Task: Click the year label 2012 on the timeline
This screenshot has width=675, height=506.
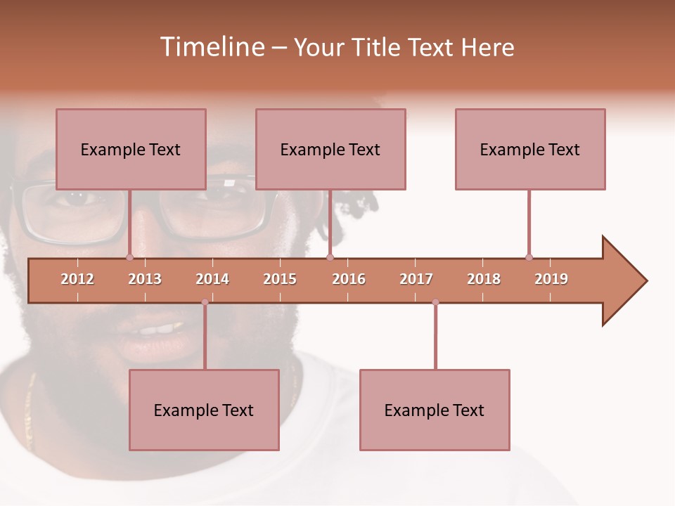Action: pyautogui.click(x=77, y=279)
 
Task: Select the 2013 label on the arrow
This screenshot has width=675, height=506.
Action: pyautogui.click(x=145, y=279)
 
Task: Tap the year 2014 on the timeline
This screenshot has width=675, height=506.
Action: pyautogui.click(x=212, y=279)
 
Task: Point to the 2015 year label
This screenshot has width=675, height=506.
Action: pyautogui.click(x=280, y=279)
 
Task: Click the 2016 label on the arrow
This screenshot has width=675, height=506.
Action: pyautogui.click(x=349, y=279)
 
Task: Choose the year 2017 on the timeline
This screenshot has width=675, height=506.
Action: pyautogui.click(x=416, y=279)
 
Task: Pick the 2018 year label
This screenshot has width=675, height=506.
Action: pyautogui.click(x=484, y=279)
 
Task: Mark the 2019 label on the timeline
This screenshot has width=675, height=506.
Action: pyautogui.click(x=551, y=279)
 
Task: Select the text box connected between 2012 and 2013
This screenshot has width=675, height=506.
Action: pyautogui.click(x=131, y=149)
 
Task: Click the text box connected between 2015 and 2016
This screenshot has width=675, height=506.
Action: pyautogui.click(x=330, y=149)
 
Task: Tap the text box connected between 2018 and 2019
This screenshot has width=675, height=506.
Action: pyautogui.click(x=530, y=149)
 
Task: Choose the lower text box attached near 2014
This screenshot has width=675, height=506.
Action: pyautogui.click(x=204, y=410)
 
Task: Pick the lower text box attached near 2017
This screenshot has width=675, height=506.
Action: pyautogui.click(x=435, y=410)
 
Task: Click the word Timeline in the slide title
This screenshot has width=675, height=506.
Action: pyautogui.click(x=212, y=47)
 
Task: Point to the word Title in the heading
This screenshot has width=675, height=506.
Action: pyautogui.click(x=378, y=47)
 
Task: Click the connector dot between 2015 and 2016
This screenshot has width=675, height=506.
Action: pyautogui.click(x=330, y=257)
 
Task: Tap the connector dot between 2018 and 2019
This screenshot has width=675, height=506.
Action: pyautogui.click(x=529, y=257)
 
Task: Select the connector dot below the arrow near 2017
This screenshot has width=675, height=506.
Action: pyautogui.click(x=435, y=302)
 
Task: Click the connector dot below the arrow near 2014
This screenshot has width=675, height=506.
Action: pyautogui.click(x=205, y=302)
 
